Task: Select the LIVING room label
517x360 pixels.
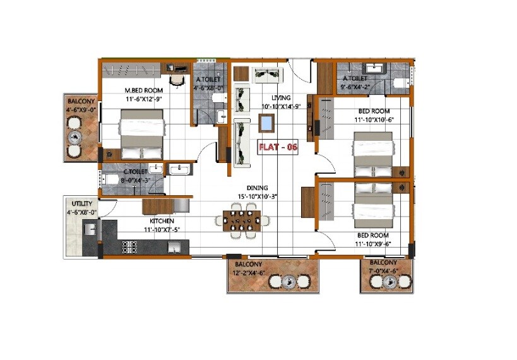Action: tap(281, 98)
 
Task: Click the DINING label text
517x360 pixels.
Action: tap(258, 188)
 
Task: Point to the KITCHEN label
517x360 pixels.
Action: tap(162, 221)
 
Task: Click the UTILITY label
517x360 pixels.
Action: tap(81, 204)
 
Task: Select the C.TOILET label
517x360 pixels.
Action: tap(135, 171)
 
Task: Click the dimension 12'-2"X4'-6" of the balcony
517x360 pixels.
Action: tap(249, 272)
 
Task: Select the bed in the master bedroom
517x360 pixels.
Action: tap(141, 134)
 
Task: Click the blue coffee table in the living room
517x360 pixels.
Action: tap(267, 123)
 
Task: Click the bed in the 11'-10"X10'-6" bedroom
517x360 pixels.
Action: tap(372, 154)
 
